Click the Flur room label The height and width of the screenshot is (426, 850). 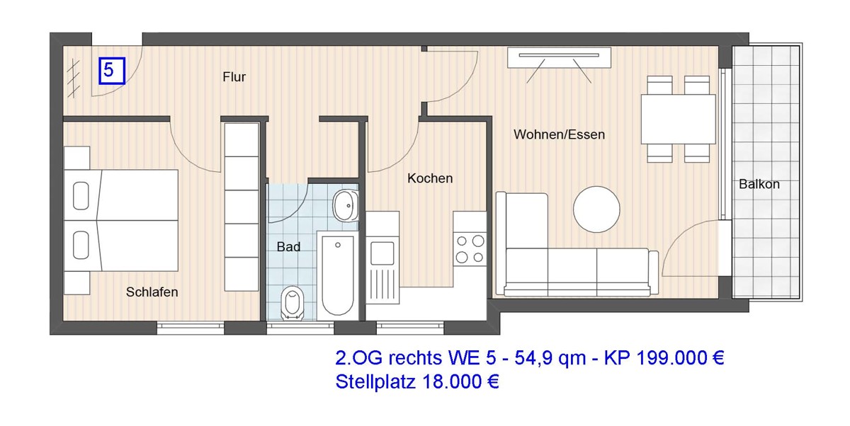234,77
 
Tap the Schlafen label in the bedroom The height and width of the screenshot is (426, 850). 152,292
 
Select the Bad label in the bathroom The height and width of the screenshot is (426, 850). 288,247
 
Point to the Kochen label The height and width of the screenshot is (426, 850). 429,179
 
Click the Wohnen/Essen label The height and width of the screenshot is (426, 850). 559,134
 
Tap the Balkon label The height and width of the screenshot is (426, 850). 759,184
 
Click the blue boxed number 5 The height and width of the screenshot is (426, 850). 111,71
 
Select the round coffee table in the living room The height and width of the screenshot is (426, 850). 596,209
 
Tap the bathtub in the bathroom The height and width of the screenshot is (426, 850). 338,276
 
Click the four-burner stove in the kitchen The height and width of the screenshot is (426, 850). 470,248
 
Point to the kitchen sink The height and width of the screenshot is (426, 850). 382,252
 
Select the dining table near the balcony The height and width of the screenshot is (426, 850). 678,119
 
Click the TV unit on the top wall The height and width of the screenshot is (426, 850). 559,57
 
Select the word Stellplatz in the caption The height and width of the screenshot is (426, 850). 375,382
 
